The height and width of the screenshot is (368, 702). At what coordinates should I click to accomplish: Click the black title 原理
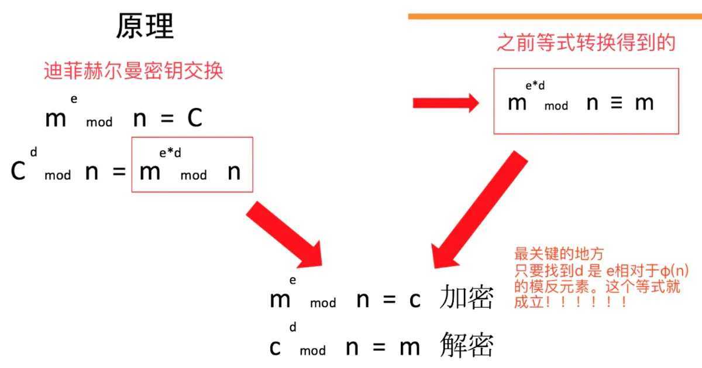tap(145, 26)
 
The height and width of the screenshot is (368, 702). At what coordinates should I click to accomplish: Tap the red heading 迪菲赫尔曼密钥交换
tap(133, 71)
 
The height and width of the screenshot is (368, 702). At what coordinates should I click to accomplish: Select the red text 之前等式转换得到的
tap(586, 42)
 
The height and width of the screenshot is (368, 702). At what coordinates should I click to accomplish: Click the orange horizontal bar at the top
tap(555, 16)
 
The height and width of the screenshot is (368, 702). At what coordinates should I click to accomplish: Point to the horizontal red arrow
tap(446, 103)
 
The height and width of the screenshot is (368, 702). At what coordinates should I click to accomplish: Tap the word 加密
tap(466, 297)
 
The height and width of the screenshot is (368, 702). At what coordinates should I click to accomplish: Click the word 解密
tap(466, 345)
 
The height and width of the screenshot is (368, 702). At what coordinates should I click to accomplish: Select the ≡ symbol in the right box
tap(617, 103)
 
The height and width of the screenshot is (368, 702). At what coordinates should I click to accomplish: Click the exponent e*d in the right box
tap(535, 85)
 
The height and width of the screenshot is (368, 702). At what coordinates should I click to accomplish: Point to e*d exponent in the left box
tap(170, 153)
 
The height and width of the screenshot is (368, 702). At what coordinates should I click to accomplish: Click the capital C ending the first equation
tap(195, 118)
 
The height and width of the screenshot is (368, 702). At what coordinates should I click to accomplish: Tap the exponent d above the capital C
tap(33, 152)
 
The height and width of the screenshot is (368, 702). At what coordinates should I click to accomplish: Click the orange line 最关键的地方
tap(559, 254)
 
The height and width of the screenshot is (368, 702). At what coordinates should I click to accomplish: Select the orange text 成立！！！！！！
tap(570, 302)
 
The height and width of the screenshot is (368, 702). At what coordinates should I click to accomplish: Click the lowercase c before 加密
tap(415, 300)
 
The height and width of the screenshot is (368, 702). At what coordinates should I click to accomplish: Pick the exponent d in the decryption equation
tap(292, 327)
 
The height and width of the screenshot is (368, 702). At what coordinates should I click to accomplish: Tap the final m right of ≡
tap(644, 103)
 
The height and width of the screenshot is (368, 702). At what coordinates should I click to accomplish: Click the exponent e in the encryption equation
tap(292, 280)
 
